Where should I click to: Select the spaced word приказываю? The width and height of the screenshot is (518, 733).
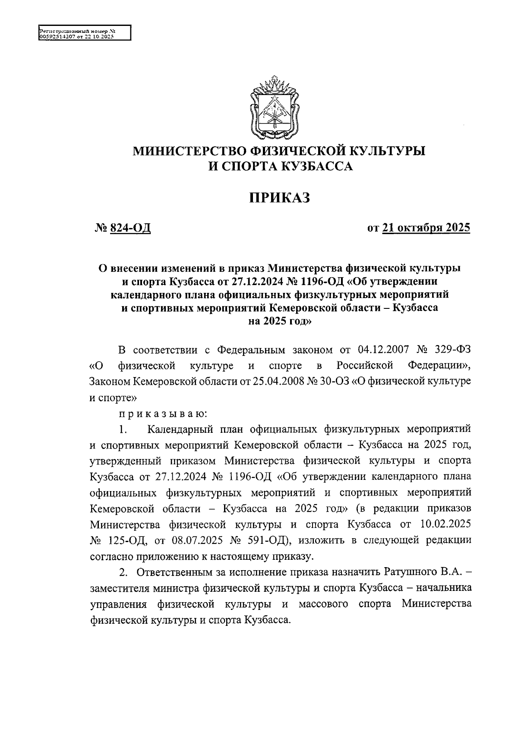pos(164,414)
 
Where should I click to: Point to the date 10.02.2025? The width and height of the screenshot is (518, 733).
pos(445,524)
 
